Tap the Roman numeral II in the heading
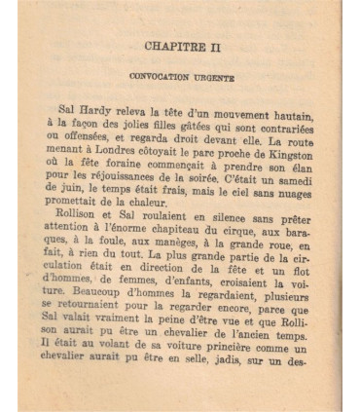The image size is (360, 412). (216, 46)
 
